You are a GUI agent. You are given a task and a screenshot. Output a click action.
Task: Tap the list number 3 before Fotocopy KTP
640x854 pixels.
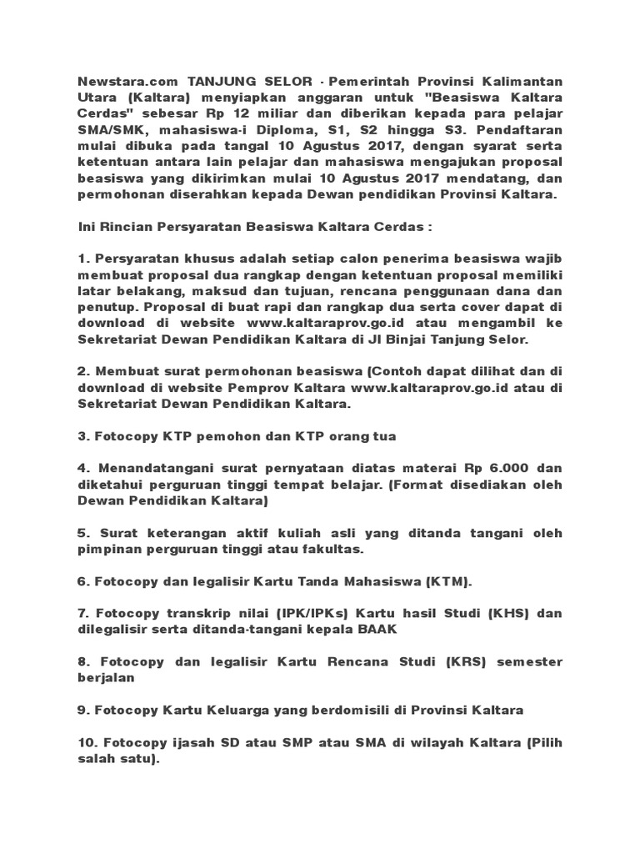coord(82,436)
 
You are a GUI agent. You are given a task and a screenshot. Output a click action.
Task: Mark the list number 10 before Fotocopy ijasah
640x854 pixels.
coord(86,741)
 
